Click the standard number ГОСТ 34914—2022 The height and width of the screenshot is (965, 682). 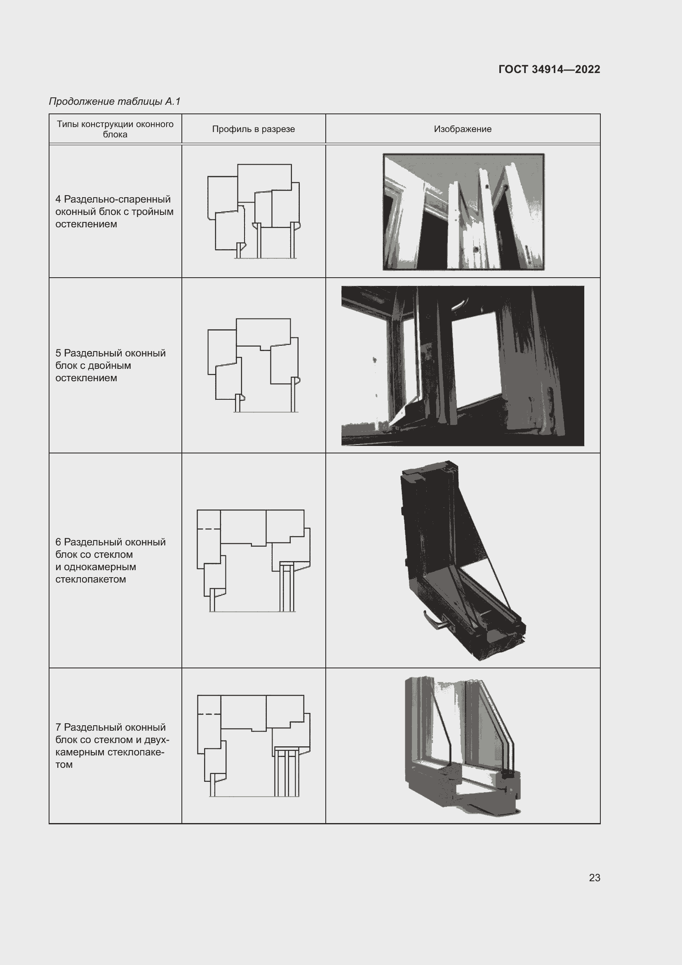click(549, 69)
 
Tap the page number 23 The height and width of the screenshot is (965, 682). click(594, 878)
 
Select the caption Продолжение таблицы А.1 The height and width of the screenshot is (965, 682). click(115, 101)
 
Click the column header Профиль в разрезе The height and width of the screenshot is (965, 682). click(253, 129)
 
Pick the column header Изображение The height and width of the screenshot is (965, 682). click(462, 129)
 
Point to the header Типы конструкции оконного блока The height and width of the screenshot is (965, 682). click(115, 129)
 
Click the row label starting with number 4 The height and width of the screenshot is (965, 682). click(114, 211)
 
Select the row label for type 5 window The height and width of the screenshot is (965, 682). click(111, 365)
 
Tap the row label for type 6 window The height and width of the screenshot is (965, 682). click(111, 560)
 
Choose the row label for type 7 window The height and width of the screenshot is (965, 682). click(112, 746)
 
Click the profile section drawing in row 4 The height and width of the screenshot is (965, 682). click(254, 211)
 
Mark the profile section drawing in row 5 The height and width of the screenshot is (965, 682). click(254, 365)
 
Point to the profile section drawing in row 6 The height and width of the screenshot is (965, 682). click(253, 561)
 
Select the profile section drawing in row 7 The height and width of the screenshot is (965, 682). click(253, 746)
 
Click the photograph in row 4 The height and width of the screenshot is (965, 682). click(463, 211)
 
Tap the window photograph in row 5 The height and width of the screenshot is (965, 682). click(462, 366)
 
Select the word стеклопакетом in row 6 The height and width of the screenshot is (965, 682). click(91, 579)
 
